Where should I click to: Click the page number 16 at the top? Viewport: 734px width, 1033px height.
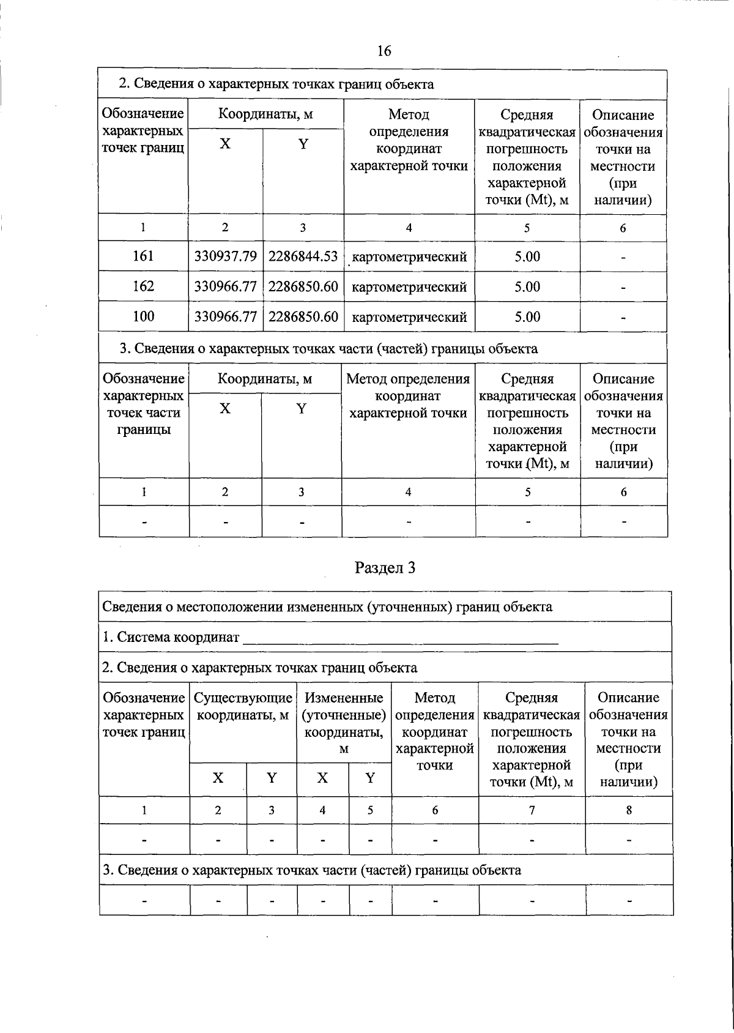pyautogui.click(x=384, y=51)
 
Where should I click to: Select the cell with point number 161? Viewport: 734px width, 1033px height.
pyautogui.click(x=143, y=256)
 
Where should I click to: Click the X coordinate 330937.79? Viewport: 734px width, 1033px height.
pyautogui.click(x=225, y=256)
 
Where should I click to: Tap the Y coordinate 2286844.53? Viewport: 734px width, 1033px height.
pyautogui.click(x=303, y=256)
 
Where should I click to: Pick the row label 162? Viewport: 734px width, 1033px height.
pyautogui.click(x=143, y=286)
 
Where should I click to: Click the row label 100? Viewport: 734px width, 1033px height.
pyautogui.click(x=143, y=316)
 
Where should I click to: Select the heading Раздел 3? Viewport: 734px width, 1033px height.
pyautogui.click(x=385, y=568)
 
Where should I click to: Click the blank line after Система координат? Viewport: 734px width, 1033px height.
pyautogui.click(x=401, y=639)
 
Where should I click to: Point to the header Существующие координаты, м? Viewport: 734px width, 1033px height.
pyautogui.click(x=243, y=706)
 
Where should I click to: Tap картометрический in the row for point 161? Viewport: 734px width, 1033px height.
pyautogui.click(x=410, y=256)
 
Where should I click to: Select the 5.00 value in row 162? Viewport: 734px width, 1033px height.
pyautogui.click(x=527, y=286)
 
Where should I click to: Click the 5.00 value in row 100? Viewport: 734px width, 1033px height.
pyautogui.click(x=527, y=316)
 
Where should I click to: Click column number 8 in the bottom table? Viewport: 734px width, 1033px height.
pyautogui.click(x=628, y=810)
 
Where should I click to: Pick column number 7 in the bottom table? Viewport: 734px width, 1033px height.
pyautogui.click(x=532, y=810)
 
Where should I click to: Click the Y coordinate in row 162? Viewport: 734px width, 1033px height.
pyautogui.click(x=303, y=286)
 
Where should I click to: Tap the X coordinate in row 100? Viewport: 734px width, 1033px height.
pyautogui.click(x=225, y=316)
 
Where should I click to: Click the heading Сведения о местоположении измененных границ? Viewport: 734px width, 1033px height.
pyautogui.click(x=327, y=607)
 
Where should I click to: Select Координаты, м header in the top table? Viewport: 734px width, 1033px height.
pyautogui.click(x=266, y=114)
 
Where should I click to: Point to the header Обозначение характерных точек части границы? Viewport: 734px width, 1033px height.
pyautogui.click(x=143, y=404)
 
